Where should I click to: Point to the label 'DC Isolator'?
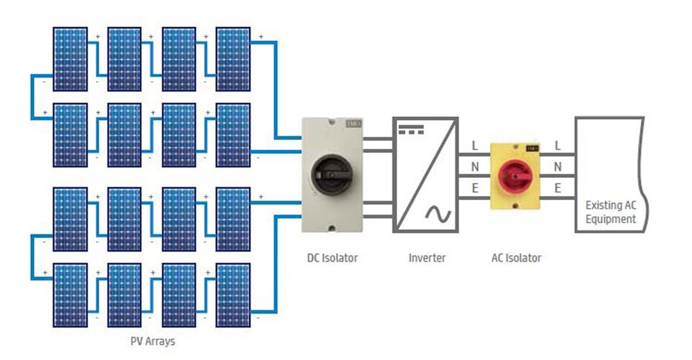point(333,258)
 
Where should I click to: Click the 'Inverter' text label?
point(427,258)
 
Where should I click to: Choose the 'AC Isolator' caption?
point(516,258)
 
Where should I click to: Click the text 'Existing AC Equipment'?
point(610,213)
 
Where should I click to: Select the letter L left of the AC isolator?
point(475,146)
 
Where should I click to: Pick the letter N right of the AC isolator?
point(558,167)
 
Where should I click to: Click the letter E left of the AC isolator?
point(475,188)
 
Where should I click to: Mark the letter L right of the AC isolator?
point(558,146)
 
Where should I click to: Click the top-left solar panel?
point(71,58)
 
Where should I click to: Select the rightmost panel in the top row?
point(233,58)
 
